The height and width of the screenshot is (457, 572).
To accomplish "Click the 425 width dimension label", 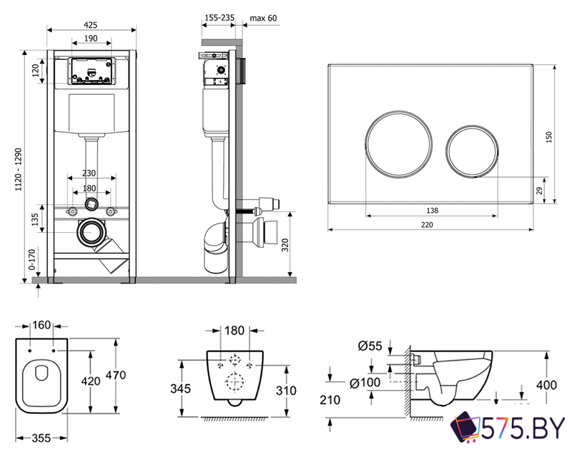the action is coord(91,25).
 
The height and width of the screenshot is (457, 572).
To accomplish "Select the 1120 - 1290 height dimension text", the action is coord(19,169).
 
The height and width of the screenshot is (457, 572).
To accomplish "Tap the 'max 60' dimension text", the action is coord(263,18).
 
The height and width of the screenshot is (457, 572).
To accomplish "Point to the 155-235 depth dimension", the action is coord(220,17).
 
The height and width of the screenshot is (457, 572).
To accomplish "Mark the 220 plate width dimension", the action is coord(427,225).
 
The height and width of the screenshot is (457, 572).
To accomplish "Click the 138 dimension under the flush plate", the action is coord(432,211).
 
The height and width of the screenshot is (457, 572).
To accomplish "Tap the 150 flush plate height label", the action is coord(549,137).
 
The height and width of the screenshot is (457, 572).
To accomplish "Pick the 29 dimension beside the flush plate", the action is coord(540,190).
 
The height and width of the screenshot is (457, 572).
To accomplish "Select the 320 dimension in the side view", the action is coord(285,245).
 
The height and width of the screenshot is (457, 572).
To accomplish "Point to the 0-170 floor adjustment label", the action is coord(32,259).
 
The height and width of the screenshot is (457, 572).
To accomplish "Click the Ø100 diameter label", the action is coord(365,383).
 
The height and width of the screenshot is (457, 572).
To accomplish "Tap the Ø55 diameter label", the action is coord(370,346).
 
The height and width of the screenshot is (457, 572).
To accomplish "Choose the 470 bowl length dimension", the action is coord(116,375).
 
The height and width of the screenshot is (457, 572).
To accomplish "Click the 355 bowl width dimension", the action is coord(41,438).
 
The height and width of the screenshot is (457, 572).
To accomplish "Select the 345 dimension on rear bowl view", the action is coord(181,389).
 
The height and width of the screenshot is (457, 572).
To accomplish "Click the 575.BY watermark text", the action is coord(523,428).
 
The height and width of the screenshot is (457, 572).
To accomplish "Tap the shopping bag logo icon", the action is coord(465,428).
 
